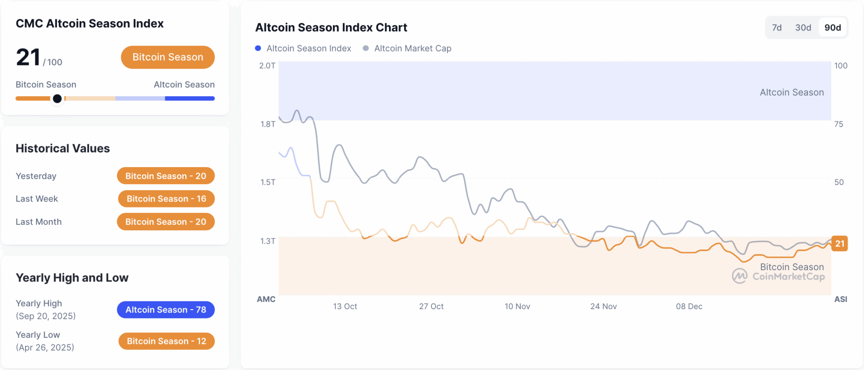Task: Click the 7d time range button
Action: (x=777, y=28)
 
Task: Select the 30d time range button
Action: (x=803, y=28)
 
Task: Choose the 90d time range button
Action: (x=833, y=28)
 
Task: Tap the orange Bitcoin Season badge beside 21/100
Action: (x=167, y=57)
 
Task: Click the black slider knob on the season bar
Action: (x=57, y=99)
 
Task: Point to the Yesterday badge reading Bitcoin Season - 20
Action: (x=166, y=176)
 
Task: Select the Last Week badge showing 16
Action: (x=166, y=199)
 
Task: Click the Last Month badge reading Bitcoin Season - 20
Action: (x=166, y=222)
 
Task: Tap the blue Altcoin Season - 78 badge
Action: (x=166, y=310)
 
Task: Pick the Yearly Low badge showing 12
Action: (x=166, y=341)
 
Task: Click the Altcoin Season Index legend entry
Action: (x=304, y=48)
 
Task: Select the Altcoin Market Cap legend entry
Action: (x=407, y=48)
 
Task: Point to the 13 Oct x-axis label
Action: (x=345, y=306)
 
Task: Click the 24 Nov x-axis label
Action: (x=603, y=306)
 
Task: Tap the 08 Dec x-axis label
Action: (x=689, y=306)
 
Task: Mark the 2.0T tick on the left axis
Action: (x=267, y=66)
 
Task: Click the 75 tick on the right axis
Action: (x=838, y=124)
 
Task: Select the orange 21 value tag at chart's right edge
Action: (x=839, y=244)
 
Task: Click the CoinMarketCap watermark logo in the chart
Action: (x=740, y=276)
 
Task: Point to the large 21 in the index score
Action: (x=28, y=57)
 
